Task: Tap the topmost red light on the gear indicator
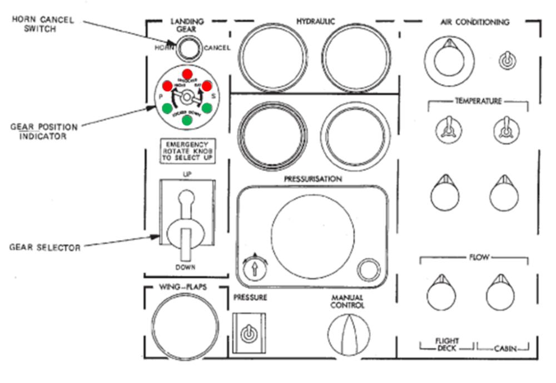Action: (x=187, y=74)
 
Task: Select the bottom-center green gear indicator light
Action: (x=187, y=120)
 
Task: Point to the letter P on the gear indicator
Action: (x=161, y=96)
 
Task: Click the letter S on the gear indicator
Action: (x=214, y=96)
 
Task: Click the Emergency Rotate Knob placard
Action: (x=187, y=150)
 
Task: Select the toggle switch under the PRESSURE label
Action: (x=248, y=334)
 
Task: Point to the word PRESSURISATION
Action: (x=313, y=179)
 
